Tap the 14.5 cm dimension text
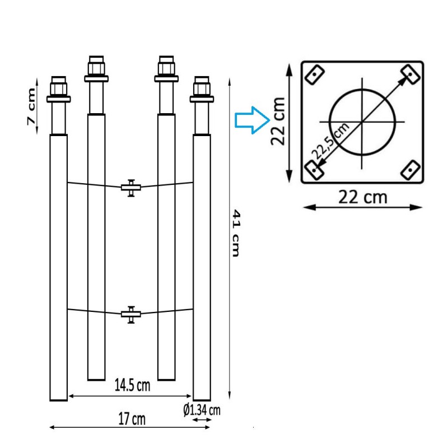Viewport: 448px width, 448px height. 132,386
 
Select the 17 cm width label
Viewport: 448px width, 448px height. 132,418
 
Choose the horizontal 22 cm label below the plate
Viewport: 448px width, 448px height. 362,197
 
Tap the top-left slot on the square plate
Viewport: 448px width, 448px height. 314,73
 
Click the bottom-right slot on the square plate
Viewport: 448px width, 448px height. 411,168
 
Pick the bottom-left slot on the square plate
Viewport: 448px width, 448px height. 314,168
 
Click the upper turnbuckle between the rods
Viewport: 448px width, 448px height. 130,187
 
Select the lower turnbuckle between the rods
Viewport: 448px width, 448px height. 130,314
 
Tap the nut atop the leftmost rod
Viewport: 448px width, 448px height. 59,89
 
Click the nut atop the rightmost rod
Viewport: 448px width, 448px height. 202,89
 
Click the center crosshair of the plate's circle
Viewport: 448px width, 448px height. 362,122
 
